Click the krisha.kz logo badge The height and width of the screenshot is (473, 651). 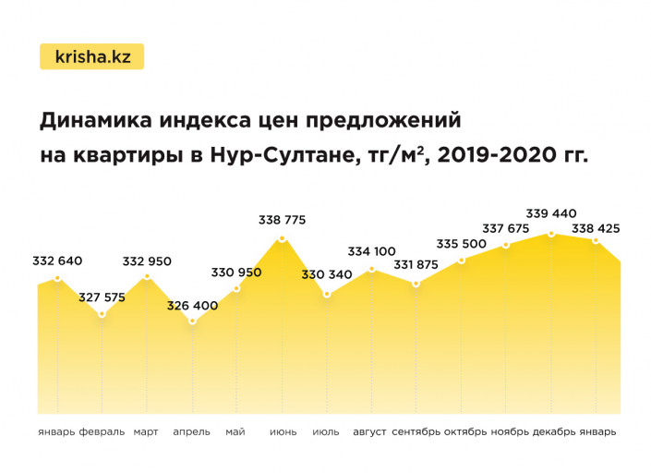tap(91, 56)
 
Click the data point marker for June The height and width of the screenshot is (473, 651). tap(282, 239)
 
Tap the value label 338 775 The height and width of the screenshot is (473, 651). tap(282, 220)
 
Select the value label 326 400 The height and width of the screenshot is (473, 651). tap(192, 305)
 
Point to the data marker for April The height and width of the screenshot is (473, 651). tap(192, 321)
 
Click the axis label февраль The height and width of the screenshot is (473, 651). tap(102, 431)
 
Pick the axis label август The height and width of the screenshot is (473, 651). tap(369, 431)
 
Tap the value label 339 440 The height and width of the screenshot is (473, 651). tap(551, 213)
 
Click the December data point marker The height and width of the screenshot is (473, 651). tap(551, 234)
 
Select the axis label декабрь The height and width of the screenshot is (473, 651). tap(554, 431)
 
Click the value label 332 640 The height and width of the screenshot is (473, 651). tap(58, 261)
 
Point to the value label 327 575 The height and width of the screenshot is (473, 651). tap(102, 297)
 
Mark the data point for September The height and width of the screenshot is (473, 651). tap(416, 284)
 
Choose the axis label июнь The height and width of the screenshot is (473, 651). tap(283, 431)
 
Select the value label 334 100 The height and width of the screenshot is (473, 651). tap(372, 251)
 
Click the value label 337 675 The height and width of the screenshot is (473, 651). tap(506, 228)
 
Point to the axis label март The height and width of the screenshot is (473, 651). tap(146, 431)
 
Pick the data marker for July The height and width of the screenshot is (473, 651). tap(327, 295)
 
